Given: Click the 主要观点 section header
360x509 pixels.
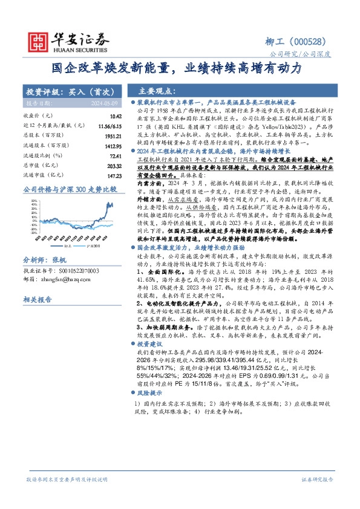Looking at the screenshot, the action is [x=155, y=92].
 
